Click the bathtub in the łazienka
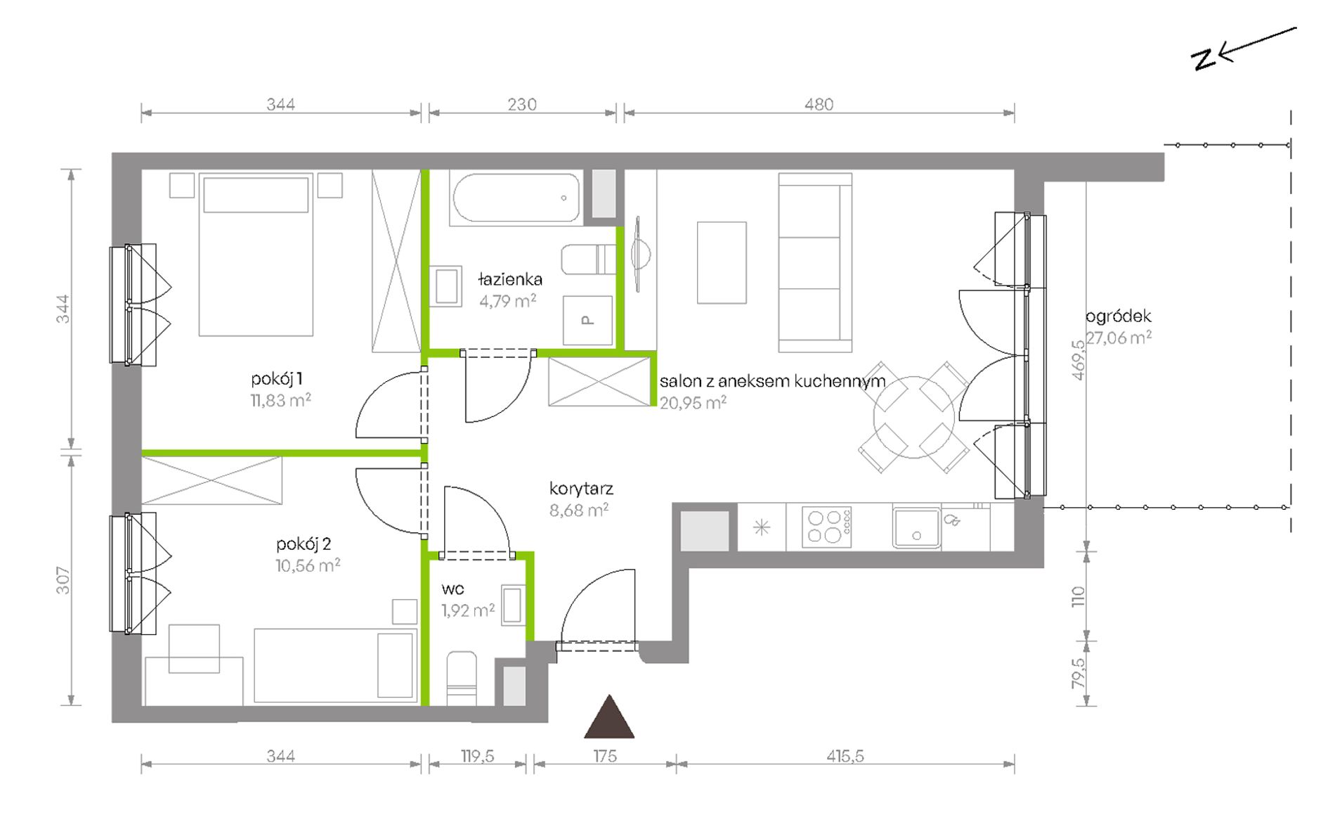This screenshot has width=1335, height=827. (x=516, y=198)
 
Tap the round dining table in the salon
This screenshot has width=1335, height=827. (x=913, y=417)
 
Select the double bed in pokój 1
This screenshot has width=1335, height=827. (x=256, y=255)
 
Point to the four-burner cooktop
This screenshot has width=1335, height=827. (x=827, y=526)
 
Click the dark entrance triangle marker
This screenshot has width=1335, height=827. (x=609, y=717)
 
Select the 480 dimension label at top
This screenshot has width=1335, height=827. (x=819, y=105)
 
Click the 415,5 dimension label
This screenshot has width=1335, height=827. (x=845, y=757)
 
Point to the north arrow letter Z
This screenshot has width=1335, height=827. (x=1204, y=59)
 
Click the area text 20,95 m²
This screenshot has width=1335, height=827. (x=693, y=403)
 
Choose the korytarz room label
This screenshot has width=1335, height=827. (x=581, y=488)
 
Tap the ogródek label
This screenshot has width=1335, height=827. (x=1119, y=316)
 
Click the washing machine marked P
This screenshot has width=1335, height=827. (x=587, y=320)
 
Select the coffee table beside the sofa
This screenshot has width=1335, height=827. (x=722, y=263)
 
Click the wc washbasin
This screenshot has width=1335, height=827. (x=512, y=605)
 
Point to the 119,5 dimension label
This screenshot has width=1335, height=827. (x=478, y=757)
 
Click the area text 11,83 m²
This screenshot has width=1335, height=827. (x=281, y=400)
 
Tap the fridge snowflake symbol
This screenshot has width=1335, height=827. (x=762, y=527)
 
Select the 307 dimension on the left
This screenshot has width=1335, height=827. (x=63, y=580)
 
